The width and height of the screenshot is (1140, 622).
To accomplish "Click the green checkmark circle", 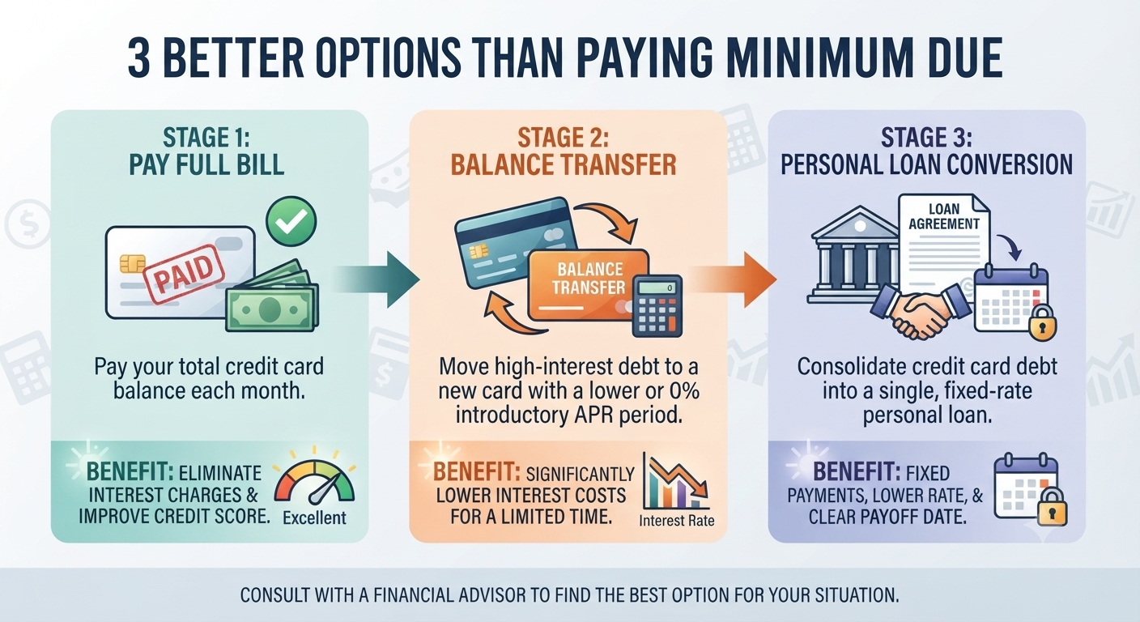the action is click(291, 222).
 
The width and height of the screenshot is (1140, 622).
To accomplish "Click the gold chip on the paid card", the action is click(131, 263).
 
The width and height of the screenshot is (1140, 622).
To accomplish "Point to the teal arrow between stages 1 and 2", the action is click(376, 279).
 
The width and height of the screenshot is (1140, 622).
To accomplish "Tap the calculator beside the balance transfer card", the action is click(657, 306).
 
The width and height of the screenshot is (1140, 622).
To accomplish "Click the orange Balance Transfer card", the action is click(589, 285).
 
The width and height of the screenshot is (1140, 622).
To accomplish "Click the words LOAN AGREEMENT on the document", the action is click(944, 216).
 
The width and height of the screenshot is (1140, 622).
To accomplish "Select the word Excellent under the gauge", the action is click(314, 518).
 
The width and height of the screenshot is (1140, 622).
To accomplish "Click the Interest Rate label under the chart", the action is click(676, 521).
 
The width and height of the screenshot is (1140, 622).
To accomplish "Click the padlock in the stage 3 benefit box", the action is click(1053, 506).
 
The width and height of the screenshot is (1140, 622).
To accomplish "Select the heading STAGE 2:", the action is click(563, 138).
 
